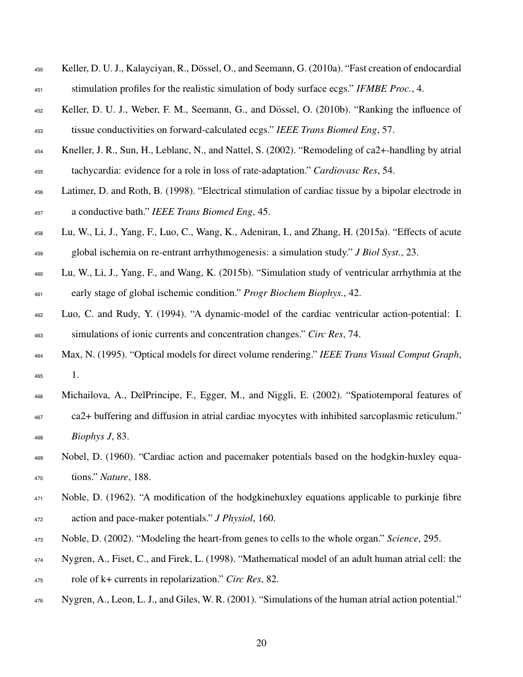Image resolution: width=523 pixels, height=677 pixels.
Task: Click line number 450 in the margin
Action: pyautogui.click(x=37, y=69)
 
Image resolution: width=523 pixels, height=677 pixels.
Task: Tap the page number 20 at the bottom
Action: pyautogui.click(x=261, y=643)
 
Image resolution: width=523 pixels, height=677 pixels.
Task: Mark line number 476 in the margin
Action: pyautogui.click(x=37, y=597)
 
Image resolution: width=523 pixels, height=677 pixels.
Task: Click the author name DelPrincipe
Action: pyautogui.click(x=151, y=395)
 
